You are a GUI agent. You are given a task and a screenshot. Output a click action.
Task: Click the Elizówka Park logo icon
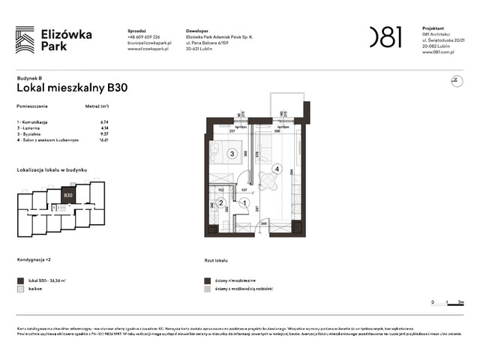click(x=25, y=39)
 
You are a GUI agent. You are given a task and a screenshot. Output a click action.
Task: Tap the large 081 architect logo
click(x=385, y=36)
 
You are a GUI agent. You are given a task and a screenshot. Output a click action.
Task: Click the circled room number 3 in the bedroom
click(x=232, y=154)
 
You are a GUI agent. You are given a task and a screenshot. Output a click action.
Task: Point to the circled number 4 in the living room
click(x=277, y=169)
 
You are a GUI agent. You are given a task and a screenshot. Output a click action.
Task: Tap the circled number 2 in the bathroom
click(x=221, y=202)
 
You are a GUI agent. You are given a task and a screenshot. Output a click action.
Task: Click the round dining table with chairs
click(x=268, y=179)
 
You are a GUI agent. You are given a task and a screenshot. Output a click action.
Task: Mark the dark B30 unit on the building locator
click(x=67, y=196)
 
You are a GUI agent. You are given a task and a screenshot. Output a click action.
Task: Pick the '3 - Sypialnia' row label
click(x=33, y=133)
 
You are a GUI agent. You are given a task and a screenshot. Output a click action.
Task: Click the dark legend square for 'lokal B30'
click(x=19, y=279)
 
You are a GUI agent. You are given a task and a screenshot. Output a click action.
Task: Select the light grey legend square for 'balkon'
click(x=19, y=288)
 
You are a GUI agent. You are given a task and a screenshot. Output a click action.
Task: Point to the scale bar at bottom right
click(x=447, y=303)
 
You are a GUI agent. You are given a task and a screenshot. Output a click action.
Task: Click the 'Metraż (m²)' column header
click(x=97, y=107)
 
